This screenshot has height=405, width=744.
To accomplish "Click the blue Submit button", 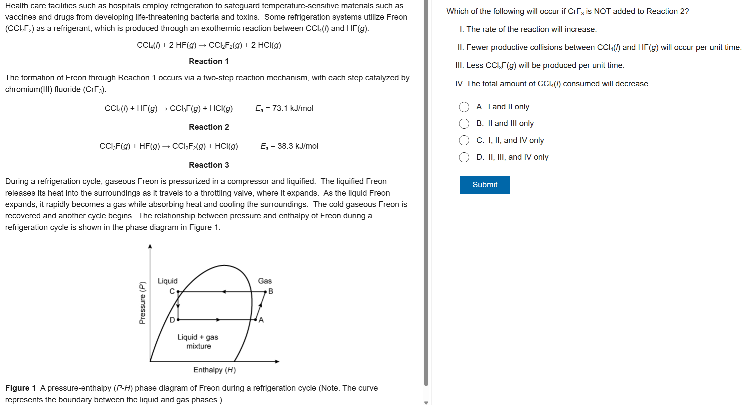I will (485, 185).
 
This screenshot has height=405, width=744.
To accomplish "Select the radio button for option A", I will (464, 107).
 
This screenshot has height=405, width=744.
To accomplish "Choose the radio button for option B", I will (464, 124).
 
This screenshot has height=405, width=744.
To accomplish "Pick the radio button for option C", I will (464, 140).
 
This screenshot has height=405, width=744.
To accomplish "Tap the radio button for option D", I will (464, 157).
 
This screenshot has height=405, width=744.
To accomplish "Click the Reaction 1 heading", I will (209, 61).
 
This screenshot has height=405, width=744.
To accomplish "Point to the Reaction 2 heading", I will (209, 127).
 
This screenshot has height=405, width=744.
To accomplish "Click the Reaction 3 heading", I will (209, 165).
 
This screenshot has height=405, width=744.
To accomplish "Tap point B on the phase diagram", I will (266, 292).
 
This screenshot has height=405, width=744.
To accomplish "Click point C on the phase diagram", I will (178, 292).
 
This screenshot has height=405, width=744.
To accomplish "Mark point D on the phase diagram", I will (178, 319).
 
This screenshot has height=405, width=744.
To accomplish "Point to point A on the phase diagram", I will (256, 319).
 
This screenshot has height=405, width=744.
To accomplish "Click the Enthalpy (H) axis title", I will (214, 370).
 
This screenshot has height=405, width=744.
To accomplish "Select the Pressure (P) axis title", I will (142, 303).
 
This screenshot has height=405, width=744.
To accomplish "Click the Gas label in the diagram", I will (265, 281).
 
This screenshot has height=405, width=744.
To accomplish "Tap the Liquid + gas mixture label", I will (198, 341).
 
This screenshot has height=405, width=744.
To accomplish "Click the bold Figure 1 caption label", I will (20, 388).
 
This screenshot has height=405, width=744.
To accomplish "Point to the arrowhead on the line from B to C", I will (224, 292).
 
